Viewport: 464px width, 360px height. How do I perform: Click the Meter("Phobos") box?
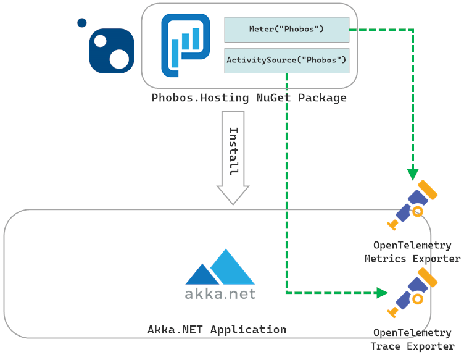(x=286, y=29)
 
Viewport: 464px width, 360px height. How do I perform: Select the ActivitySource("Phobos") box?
(x=286, y=61)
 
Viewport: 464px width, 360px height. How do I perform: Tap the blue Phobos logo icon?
(x=185, y=45)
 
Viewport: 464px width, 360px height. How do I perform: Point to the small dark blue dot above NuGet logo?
(x=81, y=23)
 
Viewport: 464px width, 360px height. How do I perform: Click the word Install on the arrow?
(x=233, y=151)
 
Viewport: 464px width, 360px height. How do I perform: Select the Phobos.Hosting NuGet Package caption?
(x=249, y=98)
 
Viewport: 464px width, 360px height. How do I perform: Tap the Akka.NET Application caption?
(x=217, y=329)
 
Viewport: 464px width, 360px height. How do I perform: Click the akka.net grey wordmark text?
(x=220, y=293)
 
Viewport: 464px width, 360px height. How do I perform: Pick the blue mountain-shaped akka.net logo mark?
(x=220, y=266)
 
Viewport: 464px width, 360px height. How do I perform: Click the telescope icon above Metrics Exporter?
(x=413, y=204)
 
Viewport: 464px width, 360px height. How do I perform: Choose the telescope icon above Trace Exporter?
(x=413, y=292)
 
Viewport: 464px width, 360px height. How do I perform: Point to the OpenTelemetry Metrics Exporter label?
(x=412, y=252)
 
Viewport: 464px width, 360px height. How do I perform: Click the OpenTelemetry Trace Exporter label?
(x=412, y=340)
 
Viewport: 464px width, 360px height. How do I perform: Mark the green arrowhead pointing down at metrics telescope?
(x=413, y=175)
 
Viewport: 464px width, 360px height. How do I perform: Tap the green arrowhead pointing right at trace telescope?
(x=382, y=292)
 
